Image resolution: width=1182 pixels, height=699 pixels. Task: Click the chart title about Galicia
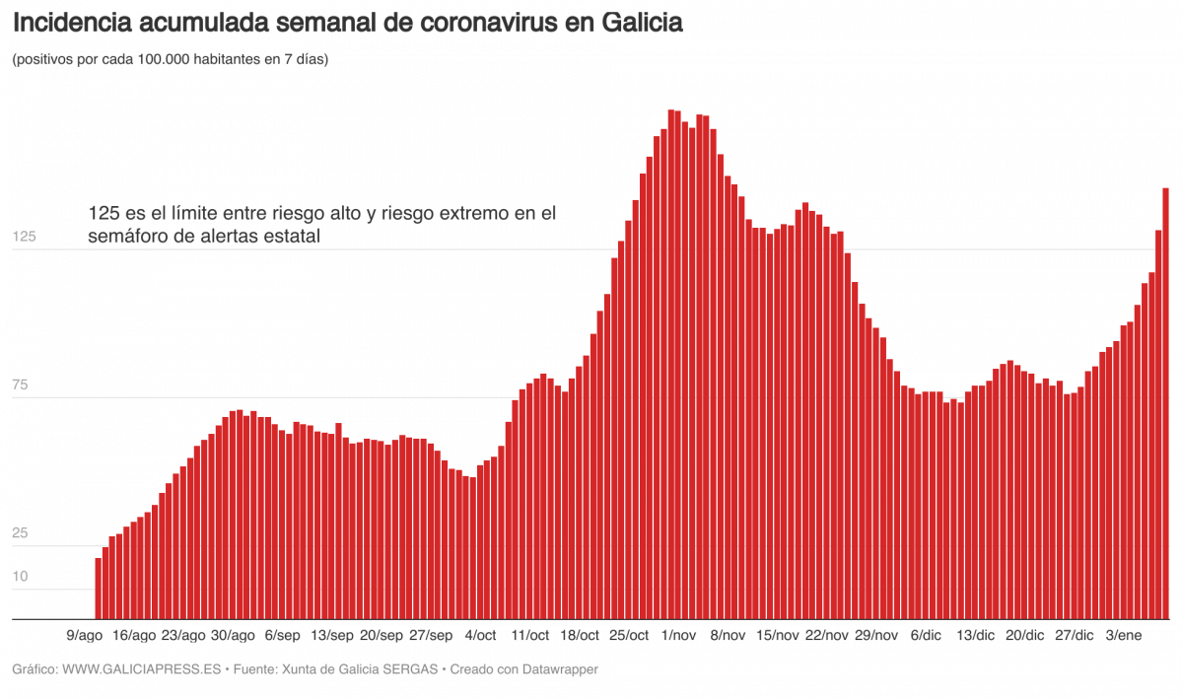[347, 23]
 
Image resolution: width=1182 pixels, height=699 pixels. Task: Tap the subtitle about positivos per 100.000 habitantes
[170, 60]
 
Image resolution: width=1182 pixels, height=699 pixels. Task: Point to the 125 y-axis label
[24, 237]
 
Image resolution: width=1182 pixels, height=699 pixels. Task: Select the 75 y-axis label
[21, 385]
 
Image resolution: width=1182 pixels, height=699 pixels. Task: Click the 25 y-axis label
[21, 533]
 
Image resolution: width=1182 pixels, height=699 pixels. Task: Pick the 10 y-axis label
[21, 576]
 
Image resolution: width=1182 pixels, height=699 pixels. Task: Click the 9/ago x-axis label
[84, 635]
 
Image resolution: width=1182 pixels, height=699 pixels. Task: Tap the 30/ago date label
[234, 635]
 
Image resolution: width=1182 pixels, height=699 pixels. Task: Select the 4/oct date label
[480, 635]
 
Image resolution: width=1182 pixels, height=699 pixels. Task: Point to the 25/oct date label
[629, 635]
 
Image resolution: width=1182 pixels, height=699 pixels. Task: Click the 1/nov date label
[678, 635]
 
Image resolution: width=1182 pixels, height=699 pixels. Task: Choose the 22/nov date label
[826, 635]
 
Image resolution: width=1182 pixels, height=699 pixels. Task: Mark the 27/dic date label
[1074, 635]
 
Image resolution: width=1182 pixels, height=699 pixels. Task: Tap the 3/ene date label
[1124, 635]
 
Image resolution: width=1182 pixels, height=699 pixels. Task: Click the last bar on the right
[1165, 404]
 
